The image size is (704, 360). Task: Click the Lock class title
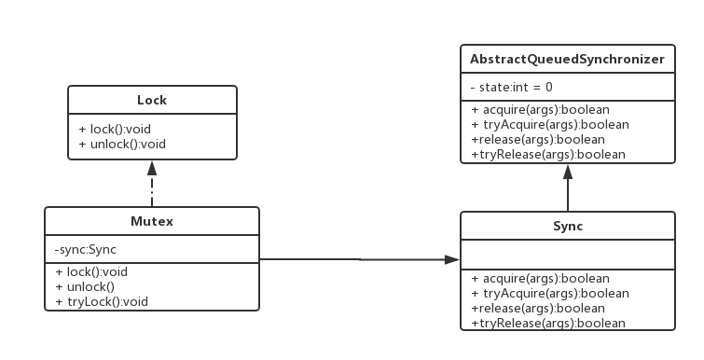coord(151,100)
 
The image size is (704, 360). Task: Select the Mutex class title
coord(151,222)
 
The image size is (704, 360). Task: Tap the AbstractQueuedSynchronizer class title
coord(567,59)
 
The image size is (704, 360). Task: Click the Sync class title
coord(567,227)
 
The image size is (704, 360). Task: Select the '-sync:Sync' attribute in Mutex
coord(86,249)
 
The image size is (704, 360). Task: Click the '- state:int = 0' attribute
coord(512,87)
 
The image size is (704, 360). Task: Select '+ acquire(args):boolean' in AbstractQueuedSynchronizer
coord(540,110)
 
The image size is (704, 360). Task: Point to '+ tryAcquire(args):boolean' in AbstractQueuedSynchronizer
coord(549,125)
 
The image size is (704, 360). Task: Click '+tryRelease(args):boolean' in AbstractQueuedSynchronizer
coord(547,155)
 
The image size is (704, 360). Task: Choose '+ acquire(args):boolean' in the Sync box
coord(540,278)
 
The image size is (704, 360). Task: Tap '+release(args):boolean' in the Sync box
coord(538,308)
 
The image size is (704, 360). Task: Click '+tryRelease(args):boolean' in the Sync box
coord(547,323)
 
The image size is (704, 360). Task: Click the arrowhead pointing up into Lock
coord(151,168)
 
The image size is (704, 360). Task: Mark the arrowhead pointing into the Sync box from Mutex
coord(453,259)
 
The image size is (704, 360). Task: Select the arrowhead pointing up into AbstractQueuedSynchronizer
coord(567,173)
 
